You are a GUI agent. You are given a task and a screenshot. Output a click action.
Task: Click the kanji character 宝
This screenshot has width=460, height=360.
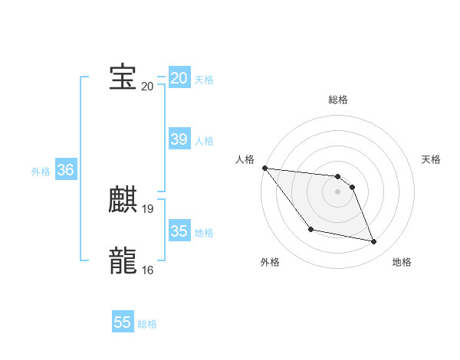coord(123,77)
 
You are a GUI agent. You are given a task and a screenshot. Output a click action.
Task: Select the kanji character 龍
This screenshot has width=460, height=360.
coord(123,261)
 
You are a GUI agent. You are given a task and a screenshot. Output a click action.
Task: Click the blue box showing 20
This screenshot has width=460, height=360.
coord(179,78)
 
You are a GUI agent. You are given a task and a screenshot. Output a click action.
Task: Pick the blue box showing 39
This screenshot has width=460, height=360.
coord(179,139)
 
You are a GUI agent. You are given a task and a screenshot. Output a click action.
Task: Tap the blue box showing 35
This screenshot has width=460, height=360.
coord(179,231)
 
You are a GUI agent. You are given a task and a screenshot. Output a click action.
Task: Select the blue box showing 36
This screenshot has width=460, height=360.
coord(65,170)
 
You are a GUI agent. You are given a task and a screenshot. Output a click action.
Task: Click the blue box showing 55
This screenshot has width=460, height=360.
coord(123,322)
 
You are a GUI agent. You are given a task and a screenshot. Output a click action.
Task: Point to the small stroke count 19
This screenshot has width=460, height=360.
coord(148,208)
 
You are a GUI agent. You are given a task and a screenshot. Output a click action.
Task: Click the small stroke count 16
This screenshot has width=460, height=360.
coord(148,270)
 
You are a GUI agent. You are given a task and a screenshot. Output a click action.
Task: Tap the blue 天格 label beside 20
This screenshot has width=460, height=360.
coord(204,79)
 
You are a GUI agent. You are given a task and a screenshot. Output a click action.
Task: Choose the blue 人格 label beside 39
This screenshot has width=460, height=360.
coord(204,140)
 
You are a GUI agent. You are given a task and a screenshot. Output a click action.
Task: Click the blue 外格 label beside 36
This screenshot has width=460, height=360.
coord(41,172)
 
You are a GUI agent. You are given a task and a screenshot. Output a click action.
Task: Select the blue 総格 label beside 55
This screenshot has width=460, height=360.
coord(147,324)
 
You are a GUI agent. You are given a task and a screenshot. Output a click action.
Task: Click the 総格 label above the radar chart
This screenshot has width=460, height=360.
coord(338,100)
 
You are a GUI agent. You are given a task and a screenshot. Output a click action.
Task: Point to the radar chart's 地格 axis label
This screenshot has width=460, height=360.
coord(402,262)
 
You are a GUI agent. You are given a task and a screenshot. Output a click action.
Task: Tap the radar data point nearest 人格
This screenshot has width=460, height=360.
coord(264,168)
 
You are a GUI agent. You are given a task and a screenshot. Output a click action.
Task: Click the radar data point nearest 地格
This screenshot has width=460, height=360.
coord(374,242)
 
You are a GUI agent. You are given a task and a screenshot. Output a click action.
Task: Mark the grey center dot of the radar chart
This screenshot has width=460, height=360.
coord(338,191)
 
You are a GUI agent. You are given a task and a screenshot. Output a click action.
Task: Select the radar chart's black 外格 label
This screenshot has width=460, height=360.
coord(270,262)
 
